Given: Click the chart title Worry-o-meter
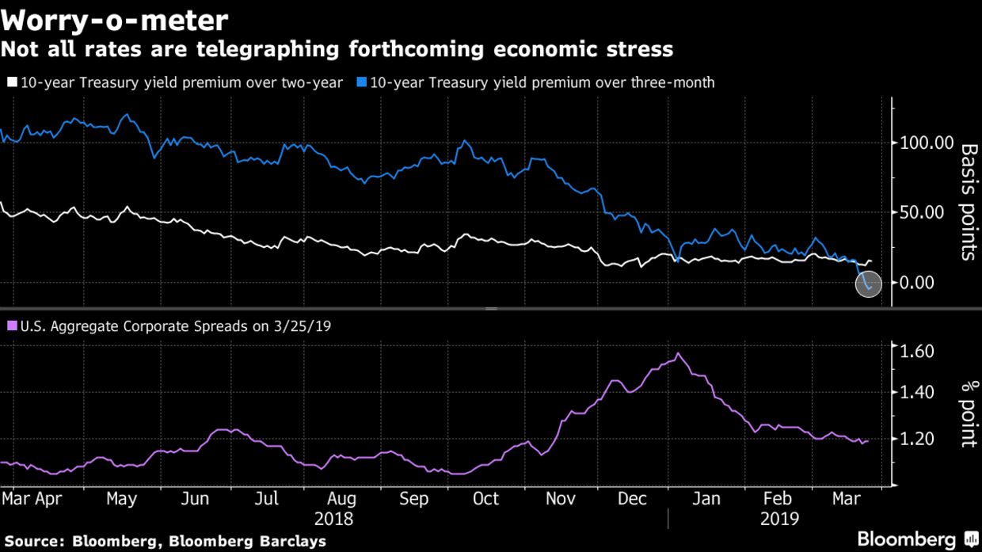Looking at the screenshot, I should pyautogui.click(x=115, y=19).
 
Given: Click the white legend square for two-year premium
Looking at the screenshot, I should pyautogui.click(x=12, y=82).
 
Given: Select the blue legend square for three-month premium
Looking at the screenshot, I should pyautogui.click(x=361, y=82).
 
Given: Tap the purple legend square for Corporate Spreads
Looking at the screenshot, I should pyautogui.click(x=12, y=325).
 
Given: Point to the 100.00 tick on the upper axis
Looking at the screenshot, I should pyautogui.click(x=926, y=143).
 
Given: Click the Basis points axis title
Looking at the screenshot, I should pyautogui.click(x=968, y=202).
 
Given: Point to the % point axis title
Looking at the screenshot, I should pyautogui.click(x=968, y=414).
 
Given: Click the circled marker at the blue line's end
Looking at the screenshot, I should pyautogui.click(x=869, y=283).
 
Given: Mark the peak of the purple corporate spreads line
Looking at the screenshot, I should pyautogui.click(x=679, y=353).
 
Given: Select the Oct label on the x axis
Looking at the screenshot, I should pyautogui.click(x=485, y=499).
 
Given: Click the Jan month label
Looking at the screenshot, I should pyautogui.click(x=706, y=499).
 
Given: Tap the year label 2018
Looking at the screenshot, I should pyautogui.click(x=333, y=520).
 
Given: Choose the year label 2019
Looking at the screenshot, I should pyautogui.click(x=779, y=520).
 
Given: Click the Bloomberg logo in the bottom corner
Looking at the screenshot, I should pyautogui.click(x=919, y=539).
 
